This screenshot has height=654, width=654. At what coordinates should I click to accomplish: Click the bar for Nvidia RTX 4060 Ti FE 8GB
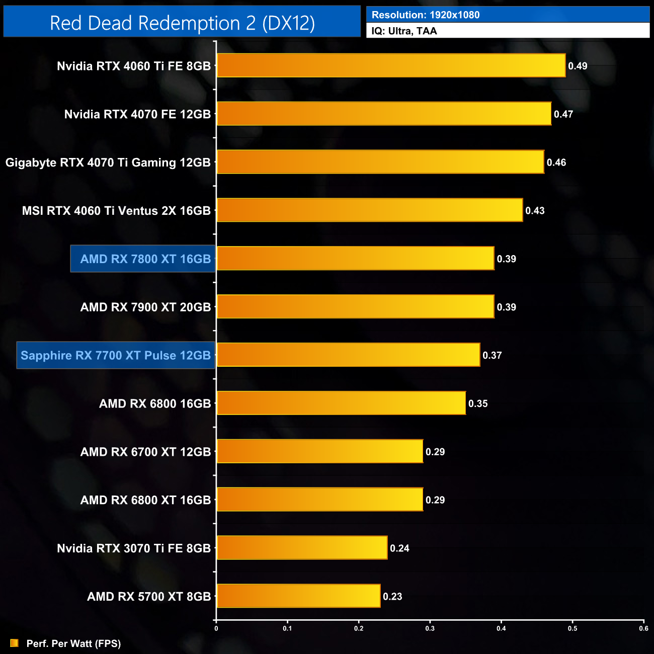click(x=391, y=65)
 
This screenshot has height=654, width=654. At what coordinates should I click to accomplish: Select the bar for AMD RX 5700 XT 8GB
click(x=298, y=596)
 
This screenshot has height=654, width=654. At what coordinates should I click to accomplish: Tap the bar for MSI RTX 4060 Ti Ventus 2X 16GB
click(x=370, y=210)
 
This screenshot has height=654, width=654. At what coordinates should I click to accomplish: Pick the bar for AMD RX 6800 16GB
click(x=341, y=403)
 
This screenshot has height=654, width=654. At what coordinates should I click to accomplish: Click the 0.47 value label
click(x=563, y=114)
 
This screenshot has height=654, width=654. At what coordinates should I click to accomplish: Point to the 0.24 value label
click(x=399, y=548)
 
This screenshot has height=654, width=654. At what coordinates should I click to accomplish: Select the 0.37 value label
click(x=492, y=355)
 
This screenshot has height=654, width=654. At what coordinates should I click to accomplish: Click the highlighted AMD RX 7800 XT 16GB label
click(x=145, y=259)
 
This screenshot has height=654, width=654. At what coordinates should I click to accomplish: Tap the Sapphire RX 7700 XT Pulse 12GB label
click(x=116, y=356)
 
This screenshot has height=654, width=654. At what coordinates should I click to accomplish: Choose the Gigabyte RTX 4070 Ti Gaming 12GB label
click(x=108, y=162)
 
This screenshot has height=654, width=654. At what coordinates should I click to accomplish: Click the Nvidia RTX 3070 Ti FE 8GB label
click(x=133, y=548)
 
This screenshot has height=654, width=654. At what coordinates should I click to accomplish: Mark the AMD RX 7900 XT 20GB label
click(x=145, y=307)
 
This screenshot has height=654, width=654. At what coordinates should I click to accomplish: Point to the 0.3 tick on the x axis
click(x=430, y=628)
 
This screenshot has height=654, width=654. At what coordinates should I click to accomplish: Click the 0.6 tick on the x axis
click(x=643, y=628)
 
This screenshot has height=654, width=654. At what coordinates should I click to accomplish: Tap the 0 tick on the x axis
click(x=216, y=628)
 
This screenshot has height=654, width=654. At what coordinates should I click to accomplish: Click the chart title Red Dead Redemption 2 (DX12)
click(x=182, y=23)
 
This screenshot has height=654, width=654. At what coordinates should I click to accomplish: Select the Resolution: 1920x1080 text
click(x=426, y=15)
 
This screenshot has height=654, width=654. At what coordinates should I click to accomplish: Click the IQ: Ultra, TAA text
click(x=404, y=31)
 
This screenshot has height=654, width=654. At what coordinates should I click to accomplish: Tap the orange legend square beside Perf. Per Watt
click(x=14, y=643)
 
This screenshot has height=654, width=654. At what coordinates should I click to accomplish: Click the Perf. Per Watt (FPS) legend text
click(x=73, y=643)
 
